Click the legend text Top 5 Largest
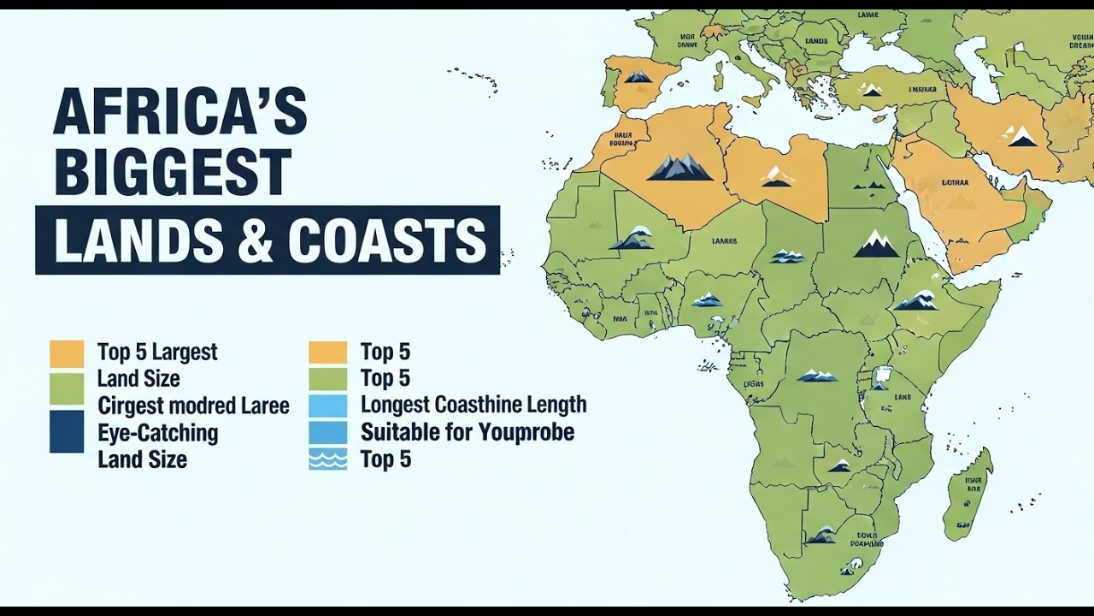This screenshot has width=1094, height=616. [157, 352]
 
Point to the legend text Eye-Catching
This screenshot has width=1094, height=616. [157, 433]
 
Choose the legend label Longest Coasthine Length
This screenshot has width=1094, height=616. [473, 405]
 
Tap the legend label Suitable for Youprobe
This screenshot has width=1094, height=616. [467, 432]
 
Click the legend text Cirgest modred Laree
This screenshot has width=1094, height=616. [193, 406]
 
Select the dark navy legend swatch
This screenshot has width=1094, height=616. [67, 431]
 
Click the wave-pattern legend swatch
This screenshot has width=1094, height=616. [328, 459]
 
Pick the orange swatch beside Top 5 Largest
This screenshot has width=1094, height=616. [67, 352]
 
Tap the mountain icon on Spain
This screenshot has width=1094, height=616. [638, 77]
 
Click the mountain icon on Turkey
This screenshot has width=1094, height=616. [871, 89]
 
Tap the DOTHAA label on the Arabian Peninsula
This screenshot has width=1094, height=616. [955, 182]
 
